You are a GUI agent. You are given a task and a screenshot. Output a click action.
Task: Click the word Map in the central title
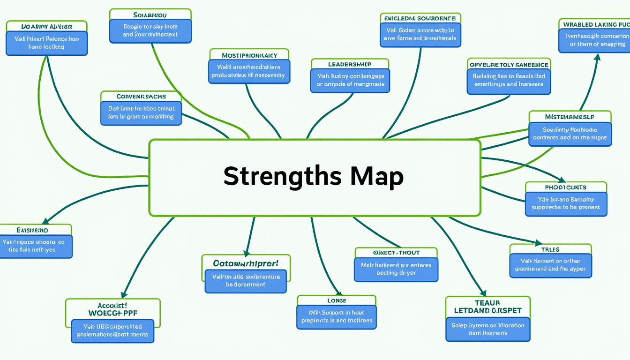coord(376,177)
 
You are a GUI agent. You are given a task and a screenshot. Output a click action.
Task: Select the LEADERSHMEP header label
coord(350,64)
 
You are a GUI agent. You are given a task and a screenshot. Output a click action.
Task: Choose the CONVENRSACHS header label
coord(141,97)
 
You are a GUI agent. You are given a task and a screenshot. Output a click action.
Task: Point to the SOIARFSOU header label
coord(150,15)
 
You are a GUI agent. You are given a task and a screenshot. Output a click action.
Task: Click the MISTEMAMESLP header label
coord(570,117)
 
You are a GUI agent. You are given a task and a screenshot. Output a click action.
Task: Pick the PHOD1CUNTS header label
coord(566,187)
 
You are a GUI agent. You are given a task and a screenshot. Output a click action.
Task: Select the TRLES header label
coord(550,249)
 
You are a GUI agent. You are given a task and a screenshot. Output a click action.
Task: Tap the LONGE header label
coord(336,300)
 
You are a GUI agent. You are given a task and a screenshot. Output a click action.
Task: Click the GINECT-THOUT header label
coord(396,253)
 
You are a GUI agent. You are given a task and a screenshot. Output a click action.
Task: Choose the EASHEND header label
coord(33,230)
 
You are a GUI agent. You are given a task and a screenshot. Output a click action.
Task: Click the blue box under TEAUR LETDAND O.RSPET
coord(487,329)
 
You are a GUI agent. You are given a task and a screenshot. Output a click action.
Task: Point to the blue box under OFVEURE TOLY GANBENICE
coord(509,80)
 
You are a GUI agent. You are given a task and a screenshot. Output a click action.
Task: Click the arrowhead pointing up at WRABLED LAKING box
coord(597,57)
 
